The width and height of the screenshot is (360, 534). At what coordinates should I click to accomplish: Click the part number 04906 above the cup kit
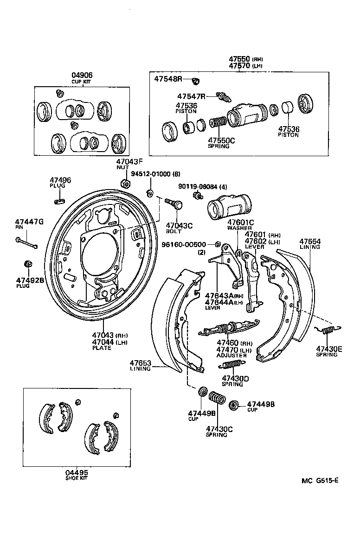click(x=82, y=75)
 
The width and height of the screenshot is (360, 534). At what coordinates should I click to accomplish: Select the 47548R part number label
click(x=168, y=79)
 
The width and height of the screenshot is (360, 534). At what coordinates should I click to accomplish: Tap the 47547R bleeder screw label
click(x=191, y=96)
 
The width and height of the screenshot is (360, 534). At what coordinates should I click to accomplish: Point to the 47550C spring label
click(x=221, y=140)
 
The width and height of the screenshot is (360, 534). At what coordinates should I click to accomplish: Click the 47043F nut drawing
click(x=124, y=183)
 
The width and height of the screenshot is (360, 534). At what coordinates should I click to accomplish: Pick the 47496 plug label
click(x=60, y=180)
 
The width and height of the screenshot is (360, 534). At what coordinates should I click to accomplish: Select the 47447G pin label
click(x=29, y=222)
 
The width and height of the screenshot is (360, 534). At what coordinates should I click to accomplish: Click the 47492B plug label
click(x=30, y=280)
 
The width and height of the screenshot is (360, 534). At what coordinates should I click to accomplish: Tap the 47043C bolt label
click(x=179, y=225)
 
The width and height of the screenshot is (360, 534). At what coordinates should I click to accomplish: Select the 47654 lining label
click(x=310, y=242)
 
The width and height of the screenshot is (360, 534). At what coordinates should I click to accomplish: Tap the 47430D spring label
click(x=235, y=378)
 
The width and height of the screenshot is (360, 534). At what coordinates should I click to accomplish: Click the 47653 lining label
click(x=141, y=363)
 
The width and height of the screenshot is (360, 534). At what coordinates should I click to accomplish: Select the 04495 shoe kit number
click(x=77, y=473)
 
